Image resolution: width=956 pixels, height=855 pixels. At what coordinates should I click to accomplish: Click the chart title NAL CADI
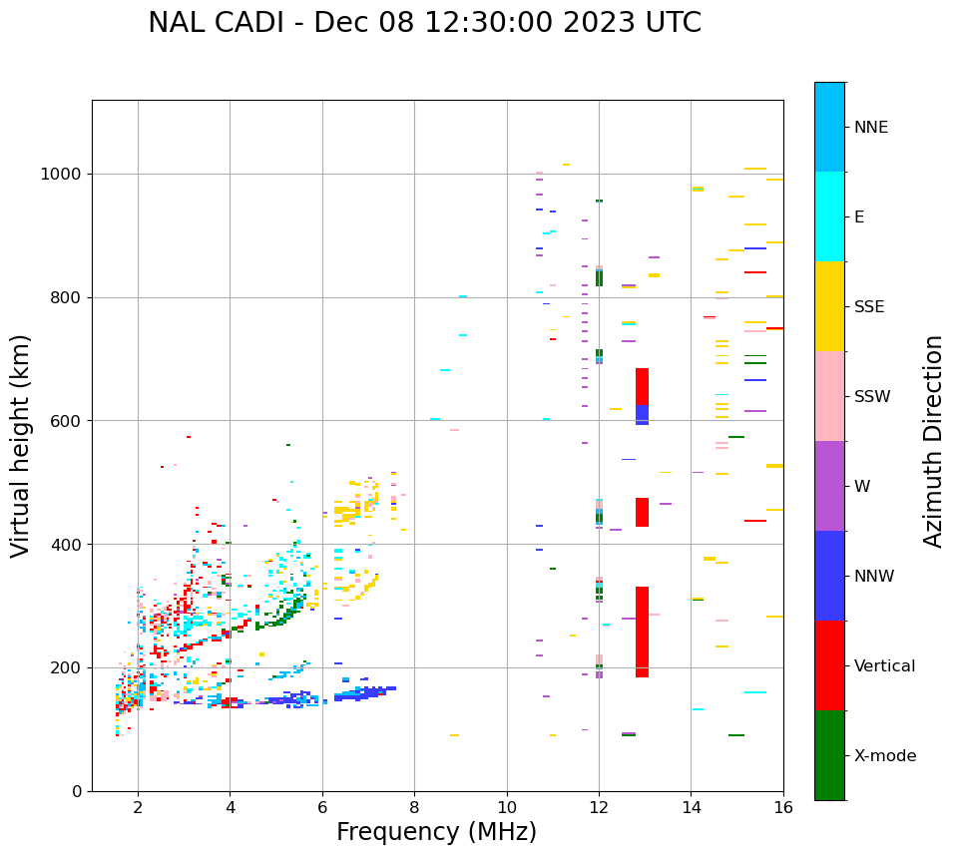(x=424, y=23)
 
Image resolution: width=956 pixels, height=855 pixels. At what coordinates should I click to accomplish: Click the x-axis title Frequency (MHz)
(x=436, y=832)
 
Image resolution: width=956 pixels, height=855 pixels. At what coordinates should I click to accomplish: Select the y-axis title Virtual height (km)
(x=21, y=446)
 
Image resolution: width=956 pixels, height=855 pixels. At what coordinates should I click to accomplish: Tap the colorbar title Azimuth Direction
(x=933, y=441)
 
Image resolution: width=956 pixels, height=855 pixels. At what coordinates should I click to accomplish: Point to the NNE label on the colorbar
(x=870, y=128)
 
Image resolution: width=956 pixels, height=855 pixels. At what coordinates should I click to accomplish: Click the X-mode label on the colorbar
(x=884, y=756)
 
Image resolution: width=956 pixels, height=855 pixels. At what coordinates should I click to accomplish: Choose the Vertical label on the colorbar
(x=884, y=666)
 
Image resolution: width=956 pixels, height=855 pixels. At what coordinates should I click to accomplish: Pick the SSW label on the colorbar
(x=872, y=397)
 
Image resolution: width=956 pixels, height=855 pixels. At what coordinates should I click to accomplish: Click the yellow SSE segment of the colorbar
(x=829, y=306)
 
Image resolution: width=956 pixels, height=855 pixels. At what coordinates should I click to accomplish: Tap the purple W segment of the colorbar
(x=829, y=486)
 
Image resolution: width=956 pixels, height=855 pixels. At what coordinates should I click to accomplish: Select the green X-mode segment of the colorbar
(x=829, y=755)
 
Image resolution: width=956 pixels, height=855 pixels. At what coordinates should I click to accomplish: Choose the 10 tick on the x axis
(x=507, y=807)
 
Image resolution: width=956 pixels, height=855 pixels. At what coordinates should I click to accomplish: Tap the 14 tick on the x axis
(x=692, y=807)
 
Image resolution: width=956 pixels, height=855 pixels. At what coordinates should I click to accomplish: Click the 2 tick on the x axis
(x=138, y=807)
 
